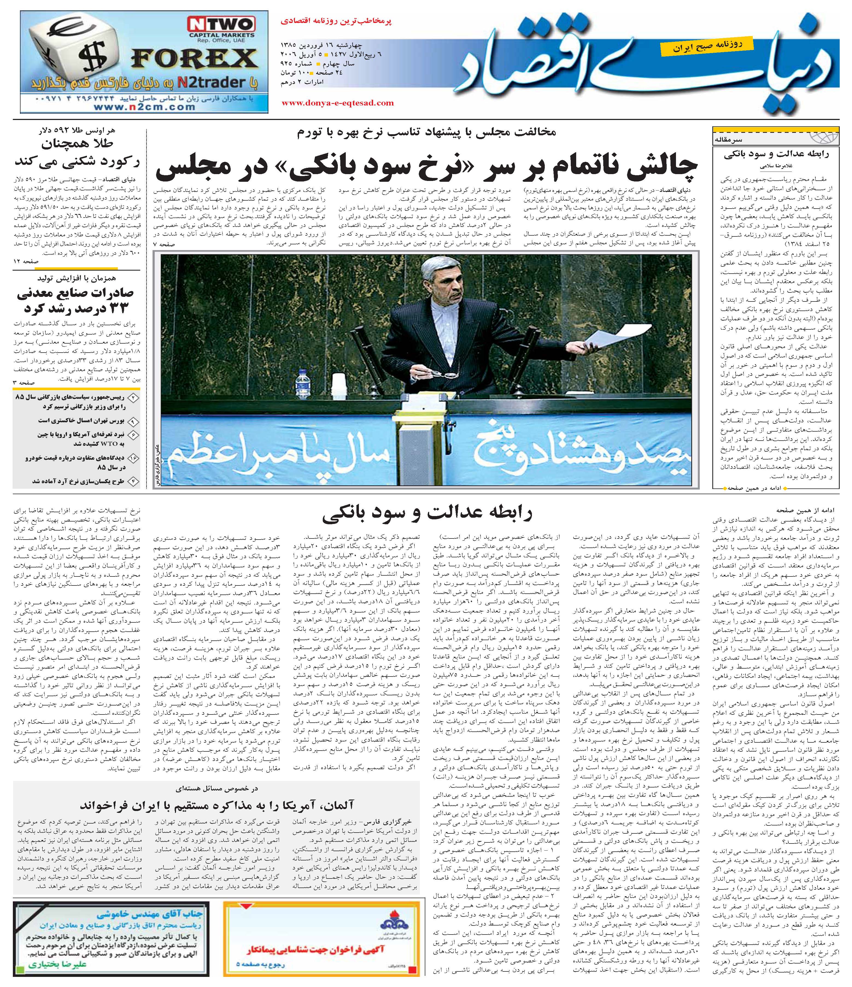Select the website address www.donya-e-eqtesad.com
[338, 103]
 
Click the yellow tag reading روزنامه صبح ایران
[700, 46]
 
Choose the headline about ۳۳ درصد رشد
[76, 300]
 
